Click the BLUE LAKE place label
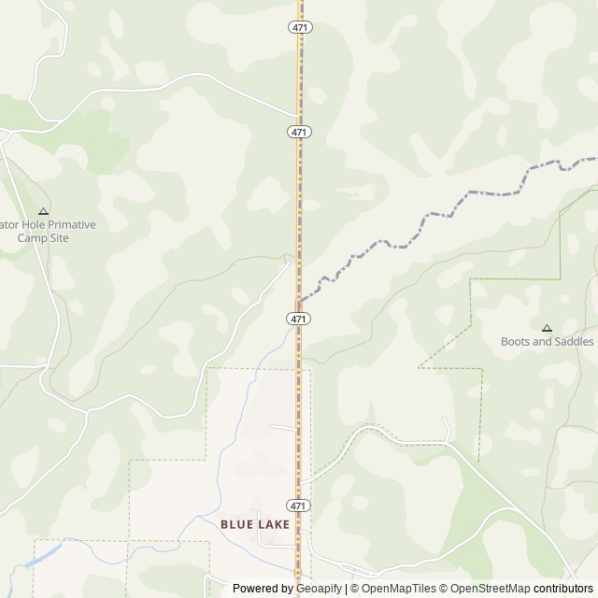256,524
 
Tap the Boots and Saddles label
547,341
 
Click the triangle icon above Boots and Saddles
547,328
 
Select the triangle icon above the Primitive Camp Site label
43,211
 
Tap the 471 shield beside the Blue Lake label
298,505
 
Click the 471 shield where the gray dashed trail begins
298,319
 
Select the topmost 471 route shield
298,28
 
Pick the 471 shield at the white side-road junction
298,132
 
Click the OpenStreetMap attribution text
486,589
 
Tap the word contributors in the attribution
562,589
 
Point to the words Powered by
263,589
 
